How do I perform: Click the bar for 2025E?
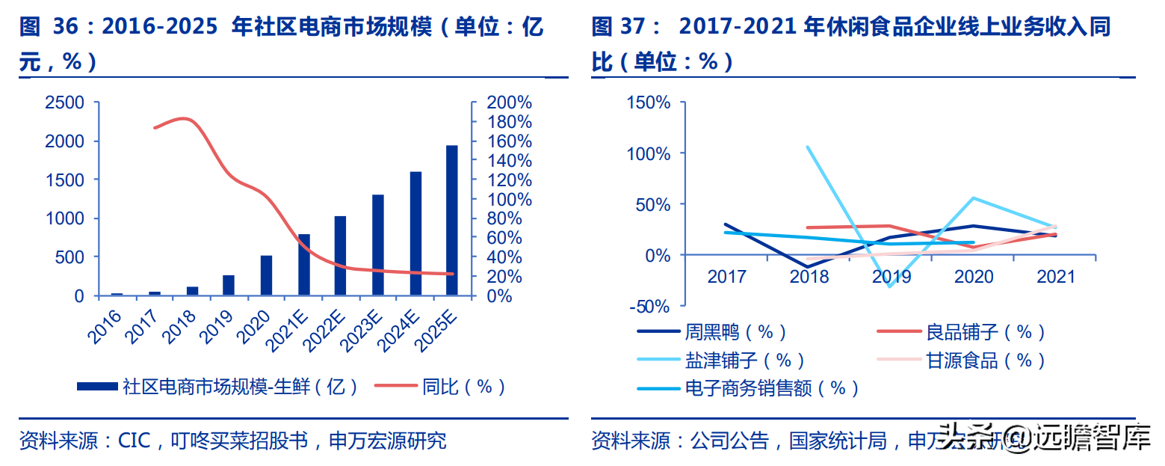click(452, 221)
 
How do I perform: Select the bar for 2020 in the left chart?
click(266, 275)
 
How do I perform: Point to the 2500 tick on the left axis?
click(65, 102)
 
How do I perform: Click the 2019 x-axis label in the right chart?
click(891, 277)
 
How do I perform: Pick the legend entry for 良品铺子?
click(985, 332)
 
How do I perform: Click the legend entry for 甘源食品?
click(985, 361)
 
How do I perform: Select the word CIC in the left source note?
click(135, 440)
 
